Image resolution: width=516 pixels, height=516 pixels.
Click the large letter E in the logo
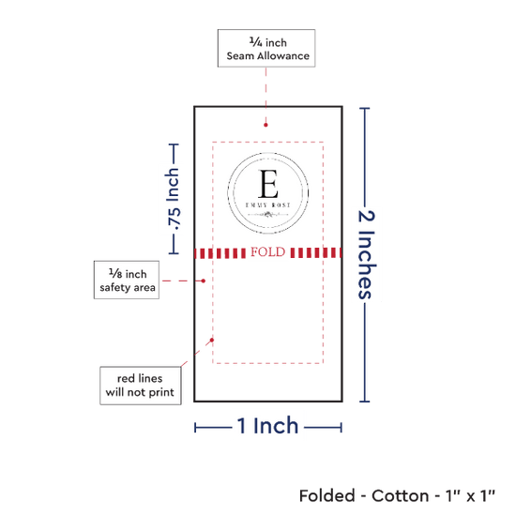[x=268, y=184]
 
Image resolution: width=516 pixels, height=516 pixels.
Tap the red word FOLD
[x=268, y=252]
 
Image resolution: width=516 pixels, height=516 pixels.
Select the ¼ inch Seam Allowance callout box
[x=266, y=49]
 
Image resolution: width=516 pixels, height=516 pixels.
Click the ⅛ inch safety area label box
[x=127, y=281]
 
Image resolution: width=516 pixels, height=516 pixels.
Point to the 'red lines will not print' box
[x=141, y=386]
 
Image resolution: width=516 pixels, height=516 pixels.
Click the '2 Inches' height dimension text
[x=367, y=254]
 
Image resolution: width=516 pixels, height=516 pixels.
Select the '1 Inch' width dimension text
[x=267, y=426]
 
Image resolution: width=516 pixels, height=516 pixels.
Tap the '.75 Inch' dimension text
[x=174, y=199]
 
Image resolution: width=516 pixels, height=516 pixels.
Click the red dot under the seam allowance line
[x=266, y=125]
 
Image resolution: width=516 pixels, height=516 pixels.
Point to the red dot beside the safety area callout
[x=204, y=281]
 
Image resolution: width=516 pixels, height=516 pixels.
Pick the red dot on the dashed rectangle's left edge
[x=212, y=340]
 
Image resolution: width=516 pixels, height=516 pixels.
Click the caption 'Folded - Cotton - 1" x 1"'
[x=397, y=496]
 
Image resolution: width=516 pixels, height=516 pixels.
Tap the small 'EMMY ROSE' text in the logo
[x=268, y=205]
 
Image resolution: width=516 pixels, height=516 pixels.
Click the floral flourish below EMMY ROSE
[x=268, y=215]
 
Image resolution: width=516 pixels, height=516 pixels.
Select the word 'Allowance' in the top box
[x=283, y=56]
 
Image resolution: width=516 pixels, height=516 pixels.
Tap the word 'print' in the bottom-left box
[x=161, y=392]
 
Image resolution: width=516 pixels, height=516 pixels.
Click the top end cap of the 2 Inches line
[x=365, y=108]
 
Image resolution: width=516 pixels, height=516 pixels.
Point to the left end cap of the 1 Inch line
[x=195, y=428]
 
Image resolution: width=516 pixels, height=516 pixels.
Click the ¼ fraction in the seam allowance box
[x=256, y=42]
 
